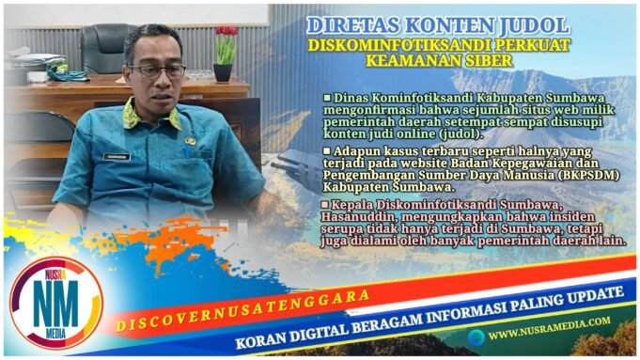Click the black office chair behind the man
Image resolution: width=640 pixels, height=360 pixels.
[x=103, y=48]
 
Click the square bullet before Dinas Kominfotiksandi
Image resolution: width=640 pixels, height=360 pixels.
[x=326, y=97]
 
